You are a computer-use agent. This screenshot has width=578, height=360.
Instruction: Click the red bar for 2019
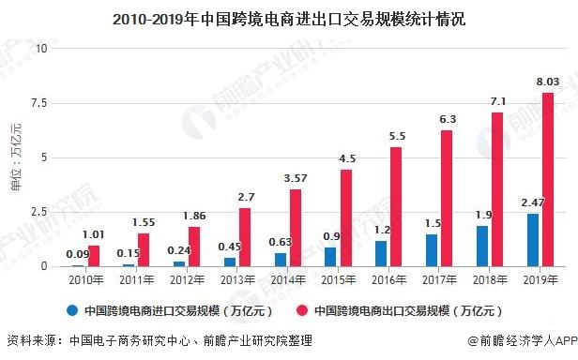click(x=547, y=179)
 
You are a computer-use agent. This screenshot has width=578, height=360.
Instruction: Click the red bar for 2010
click(x=94, y=255)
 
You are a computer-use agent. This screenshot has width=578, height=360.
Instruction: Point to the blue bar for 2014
click(x=281, y=260)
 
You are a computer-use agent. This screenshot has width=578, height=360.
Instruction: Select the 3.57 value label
click(x=296, y=178)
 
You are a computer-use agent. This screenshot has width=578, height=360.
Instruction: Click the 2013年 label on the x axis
click(x=235, y=280)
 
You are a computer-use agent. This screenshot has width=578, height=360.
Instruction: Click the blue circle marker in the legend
click(x=70, y=310)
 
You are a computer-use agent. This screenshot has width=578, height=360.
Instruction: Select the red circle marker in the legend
click(x=303, y=310)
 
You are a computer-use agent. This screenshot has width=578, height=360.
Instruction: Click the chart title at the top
click(x=288, y=18)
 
